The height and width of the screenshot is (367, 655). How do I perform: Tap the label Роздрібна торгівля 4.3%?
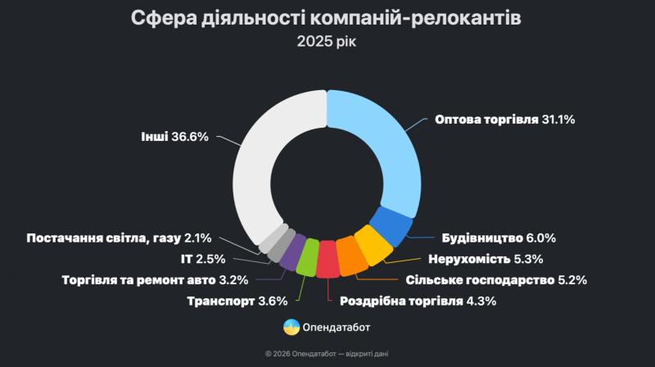418,301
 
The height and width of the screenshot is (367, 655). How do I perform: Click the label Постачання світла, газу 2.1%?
119,238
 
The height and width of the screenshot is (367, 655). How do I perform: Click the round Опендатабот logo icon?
291,328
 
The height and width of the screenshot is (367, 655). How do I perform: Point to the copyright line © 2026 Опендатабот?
327,354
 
